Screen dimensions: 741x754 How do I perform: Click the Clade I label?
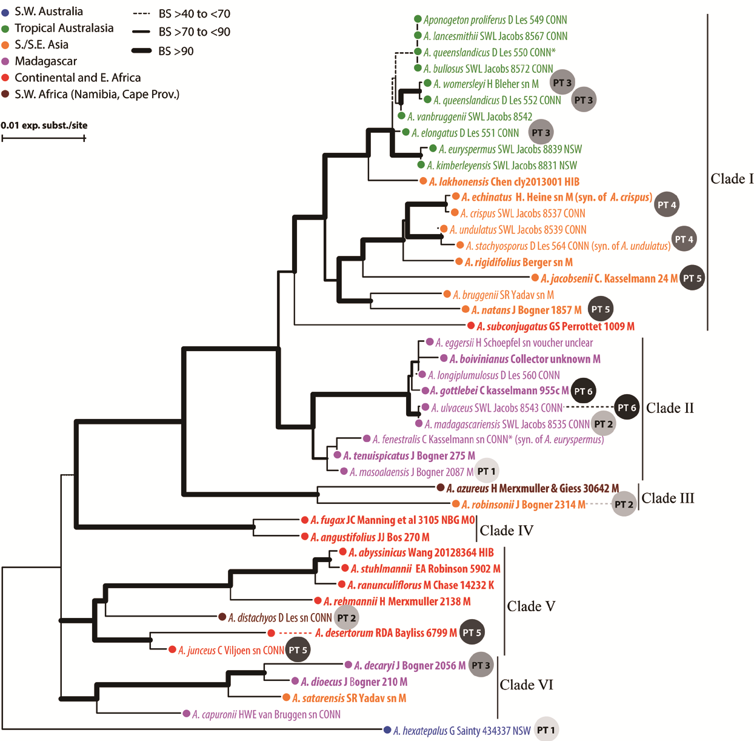coord(732,179)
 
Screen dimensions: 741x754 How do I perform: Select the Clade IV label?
coord(506,531)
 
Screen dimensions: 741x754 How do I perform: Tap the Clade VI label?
coord(526,685)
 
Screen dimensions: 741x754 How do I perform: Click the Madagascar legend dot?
coord(5,61)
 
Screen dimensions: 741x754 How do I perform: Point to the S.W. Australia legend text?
coord(48,12)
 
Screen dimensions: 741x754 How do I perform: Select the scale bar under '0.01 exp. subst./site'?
coord(43,138)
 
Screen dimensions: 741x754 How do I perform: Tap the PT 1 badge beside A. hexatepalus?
coord(546,730)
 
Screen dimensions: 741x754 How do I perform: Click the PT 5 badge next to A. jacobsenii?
coord(692,278)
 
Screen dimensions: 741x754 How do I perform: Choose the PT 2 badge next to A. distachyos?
coord(347,618)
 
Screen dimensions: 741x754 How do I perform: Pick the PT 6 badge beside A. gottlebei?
coord(583,391)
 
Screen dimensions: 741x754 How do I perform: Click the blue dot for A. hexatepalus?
coord(387,730)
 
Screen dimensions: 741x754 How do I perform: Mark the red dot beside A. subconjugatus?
coord(471,326)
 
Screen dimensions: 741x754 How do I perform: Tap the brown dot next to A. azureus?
coord(441,488)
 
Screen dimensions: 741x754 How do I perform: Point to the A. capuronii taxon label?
coord(266,714)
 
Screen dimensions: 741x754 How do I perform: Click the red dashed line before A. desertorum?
coord(295,633)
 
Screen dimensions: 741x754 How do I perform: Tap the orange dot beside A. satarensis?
coord(286,698)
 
